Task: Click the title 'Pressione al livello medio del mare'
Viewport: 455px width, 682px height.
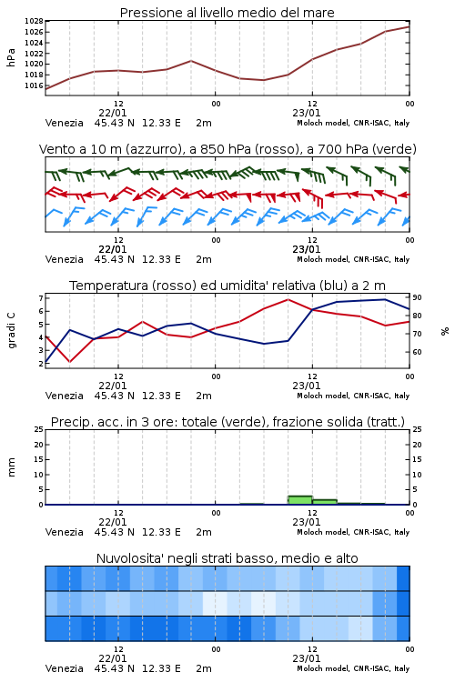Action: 227,13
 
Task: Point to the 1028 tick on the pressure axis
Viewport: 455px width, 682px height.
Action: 34,21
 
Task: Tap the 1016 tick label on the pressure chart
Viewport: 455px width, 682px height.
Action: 34,85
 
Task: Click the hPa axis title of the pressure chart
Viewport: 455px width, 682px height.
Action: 11,58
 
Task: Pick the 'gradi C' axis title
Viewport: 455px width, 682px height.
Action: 12,331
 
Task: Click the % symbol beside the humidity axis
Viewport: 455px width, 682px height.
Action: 445,331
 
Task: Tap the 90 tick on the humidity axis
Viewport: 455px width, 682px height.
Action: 417,297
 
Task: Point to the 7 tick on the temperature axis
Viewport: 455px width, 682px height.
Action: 41,298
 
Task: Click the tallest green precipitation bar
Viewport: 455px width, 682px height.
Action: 300,500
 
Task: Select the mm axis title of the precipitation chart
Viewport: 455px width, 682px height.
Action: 11,467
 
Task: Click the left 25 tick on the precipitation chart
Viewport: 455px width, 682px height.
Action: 39,429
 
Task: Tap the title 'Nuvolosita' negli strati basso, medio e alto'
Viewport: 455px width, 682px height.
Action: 227,558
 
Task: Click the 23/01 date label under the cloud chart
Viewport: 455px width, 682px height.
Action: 306,658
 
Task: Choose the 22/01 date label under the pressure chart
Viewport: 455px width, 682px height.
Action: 113,113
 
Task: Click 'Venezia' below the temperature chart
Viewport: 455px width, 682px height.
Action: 64,396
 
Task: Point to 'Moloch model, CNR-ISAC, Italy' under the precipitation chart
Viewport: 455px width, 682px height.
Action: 353,532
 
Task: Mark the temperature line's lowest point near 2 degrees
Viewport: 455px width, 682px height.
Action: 70,361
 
